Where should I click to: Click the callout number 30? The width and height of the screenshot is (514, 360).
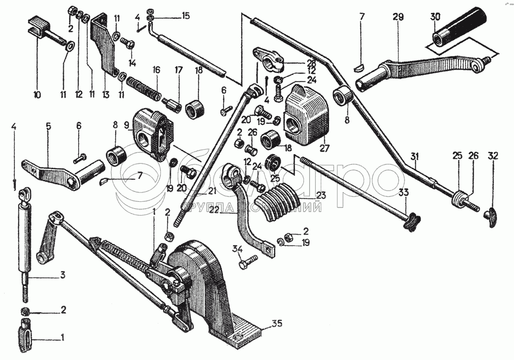coord(435,16)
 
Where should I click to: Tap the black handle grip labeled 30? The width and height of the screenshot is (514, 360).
coord(460,31)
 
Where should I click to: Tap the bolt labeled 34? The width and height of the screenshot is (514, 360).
coord(246,264)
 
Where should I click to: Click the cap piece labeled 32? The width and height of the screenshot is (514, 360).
coord(493,216)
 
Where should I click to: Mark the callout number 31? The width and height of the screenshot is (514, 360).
coord(415,155)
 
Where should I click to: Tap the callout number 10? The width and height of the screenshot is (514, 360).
coord(37,94)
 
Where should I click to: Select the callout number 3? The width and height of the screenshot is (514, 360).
coord(63,276)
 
